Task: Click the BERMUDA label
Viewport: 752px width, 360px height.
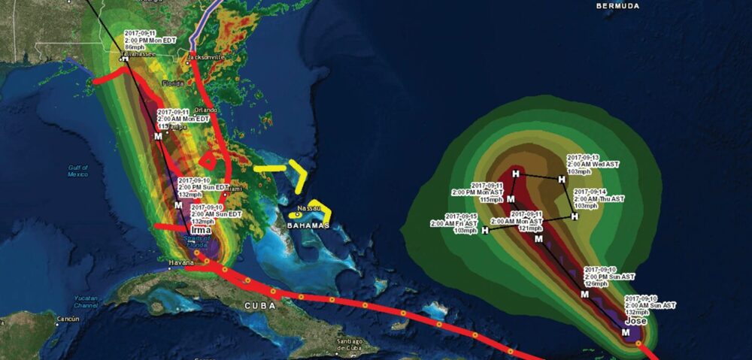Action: coord(617,6)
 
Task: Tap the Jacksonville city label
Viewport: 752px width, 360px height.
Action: coord(206,56)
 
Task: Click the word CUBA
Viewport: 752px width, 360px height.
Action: coord(259,306)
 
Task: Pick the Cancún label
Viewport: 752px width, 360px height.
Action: coord(66,319)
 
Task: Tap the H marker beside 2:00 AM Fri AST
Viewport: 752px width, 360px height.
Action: coord(485,230)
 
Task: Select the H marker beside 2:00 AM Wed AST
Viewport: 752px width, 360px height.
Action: coord(561,179)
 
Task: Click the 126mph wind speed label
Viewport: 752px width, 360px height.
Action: coord(595,284)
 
